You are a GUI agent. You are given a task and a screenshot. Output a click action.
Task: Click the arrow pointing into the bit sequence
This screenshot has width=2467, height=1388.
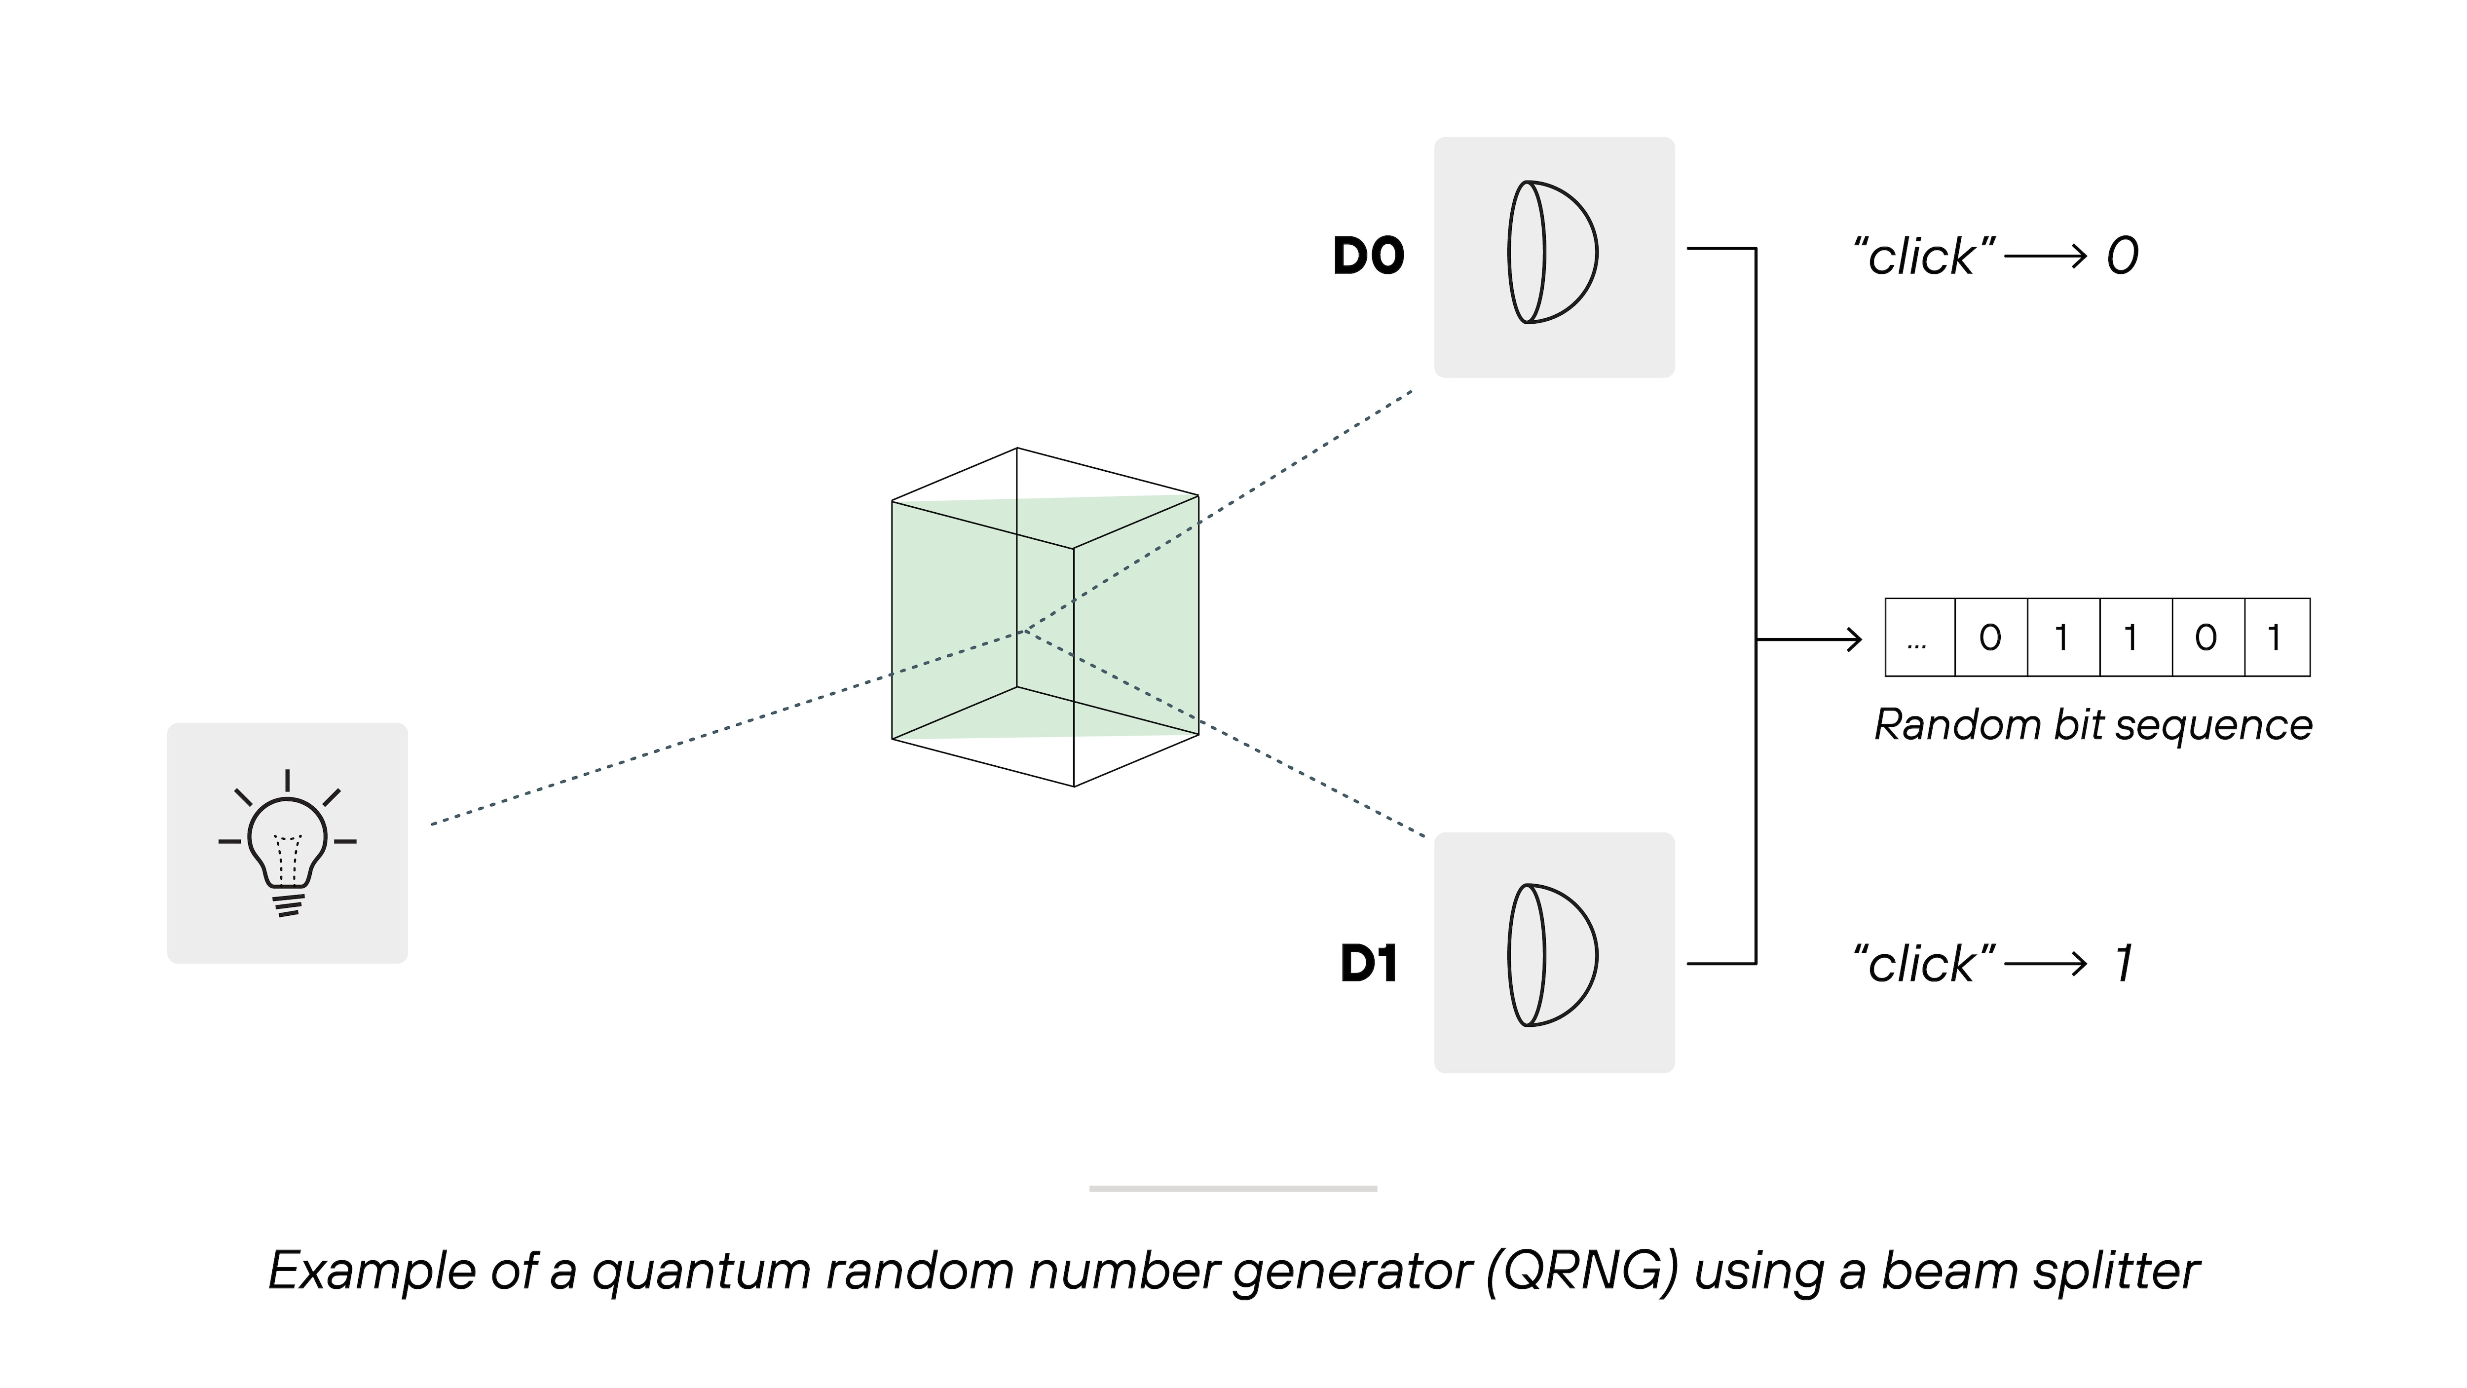pyautogui.click(x=1810, y=639)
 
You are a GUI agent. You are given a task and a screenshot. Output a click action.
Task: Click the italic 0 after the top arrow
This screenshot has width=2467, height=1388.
pyautogui.click(x=2122, y=257)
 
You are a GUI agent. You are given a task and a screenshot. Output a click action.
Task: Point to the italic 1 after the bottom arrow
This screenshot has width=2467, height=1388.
pyautogui.click(x=2124, y=964)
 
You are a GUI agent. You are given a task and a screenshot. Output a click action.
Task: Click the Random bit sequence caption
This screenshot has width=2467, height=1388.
pyautogui.click(x=2093, y=725)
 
